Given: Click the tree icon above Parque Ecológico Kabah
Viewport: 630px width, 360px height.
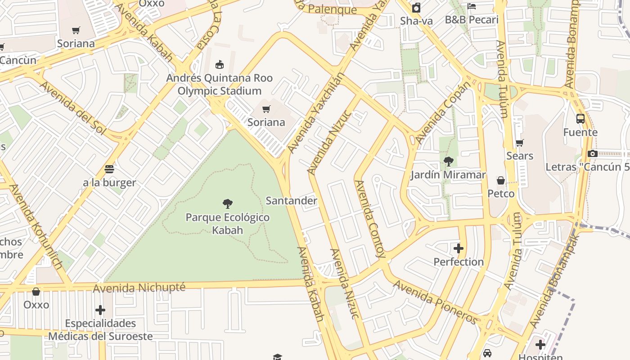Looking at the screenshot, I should point(228,204).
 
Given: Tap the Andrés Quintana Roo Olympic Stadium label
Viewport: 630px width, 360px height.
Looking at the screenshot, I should point(220,85).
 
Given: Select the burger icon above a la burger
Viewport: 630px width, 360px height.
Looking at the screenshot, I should point(109,169).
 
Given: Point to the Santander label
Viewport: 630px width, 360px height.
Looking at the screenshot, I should point(291,201).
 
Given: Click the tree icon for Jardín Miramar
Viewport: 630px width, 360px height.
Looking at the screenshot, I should point(448,162).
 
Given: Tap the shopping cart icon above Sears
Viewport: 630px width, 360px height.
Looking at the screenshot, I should point(520,143).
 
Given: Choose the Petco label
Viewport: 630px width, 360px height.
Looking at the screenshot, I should point(501,194).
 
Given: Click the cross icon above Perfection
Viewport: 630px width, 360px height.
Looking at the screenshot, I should point(459,248).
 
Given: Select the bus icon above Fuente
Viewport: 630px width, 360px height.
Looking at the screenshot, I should point(580,119).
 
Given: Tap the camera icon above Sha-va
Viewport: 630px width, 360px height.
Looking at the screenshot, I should point(416,8).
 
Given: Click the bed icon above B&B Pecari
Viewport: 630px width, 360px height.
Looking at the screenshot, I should point(472,6).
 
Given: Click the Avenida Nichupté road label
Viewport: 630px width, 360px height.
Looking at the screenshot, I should point(139,287).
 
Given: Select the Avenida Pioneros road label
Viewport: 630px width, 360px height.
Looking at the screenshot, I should point(435,301).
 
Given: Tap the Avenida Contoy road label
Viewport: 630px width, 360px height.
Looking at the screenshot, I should point(370,219).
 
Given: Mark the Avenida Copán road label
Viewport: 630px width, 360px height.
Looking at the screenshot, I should point(443,112).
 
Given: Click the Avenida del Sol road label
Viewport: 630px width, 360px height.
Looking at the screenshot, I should point(72,108).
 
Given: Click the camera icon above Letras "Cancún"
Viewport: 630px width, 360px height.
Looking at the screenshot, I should point(592,154).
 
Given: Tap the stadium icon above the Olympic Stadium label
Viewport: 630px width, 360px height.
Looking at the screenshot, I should point(220,65).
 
